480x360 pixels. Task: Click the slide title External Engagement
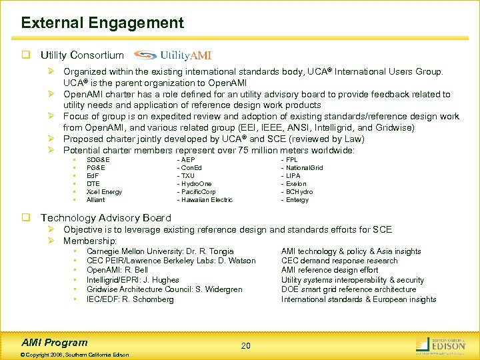102,23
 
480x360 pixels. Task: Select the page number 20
246,345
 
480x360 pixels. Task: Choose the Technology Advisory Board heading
105,218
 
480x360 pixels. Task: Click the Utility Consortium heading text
82,55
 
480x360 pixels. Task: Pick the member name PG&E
96,168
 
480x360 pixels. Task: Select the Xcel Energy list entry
104,192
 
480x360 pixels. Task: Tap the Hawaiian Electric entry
205,200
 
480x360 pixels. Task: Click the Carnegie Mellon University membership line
160,251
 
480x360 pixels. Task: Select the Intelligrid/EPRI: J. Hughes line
133,280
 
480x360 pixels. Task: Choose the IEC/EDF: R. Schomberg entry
130,299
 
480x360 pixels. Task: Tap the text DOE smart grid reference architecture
348,289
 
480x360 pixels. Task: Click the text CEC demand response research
339,261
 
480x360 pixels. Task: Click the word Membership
90,240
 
